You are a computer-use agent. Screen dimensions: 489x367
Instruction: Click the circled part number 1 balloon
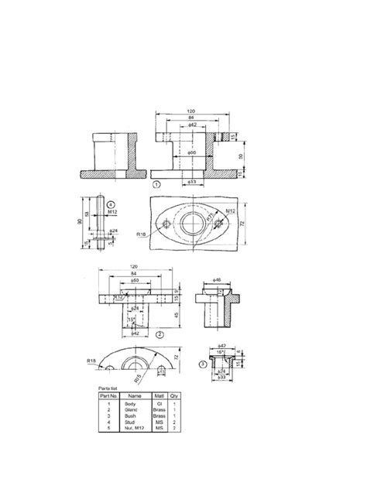click(157, 185)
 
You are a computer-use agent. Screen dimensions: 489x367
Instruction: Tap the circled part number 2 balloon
click(159, 334)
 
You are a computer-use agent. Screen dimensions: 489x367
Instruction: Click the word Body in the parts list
click(129, 403)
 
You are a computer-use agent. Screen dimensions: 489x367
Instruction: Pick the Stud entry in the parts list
click(129, 422)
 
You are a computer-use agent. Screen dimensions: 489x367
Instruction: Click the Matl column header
click(159, 395)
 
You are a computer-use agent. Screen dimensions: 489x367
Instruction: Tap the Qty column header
click(174, 395)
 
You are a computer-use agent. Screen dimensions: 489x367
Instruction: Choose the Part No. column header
click(107, 395)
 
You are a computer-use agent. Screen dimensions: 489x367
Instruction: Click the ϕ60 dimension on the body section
click(192, 154)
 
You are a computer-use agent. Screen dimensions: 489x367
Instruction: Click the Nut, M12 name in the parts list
click(131, 428)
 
